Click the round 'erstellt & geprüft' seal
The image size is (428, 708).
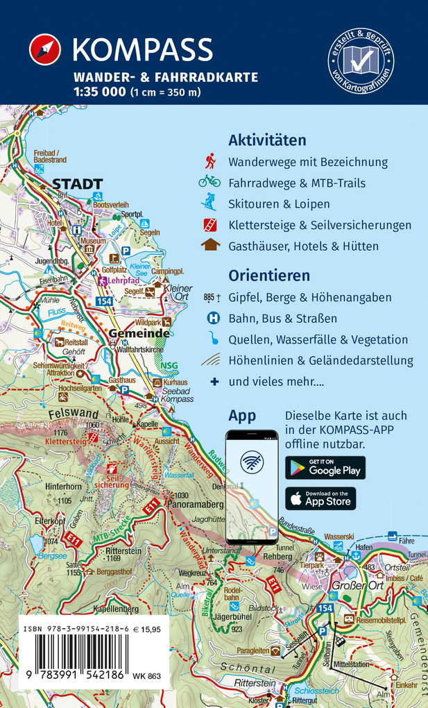361,62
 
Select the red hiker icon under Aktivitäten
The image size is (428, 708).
209,162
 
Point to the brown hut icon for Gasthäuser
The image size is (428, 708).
209,245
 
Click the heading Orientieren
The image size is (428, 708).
269,276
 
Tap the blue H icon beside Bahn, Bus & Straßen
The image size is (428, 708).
213,319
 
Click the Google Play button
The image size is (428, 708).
325,468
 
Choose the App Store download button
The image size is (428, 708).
320,498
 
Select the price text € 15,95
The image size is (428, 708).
146,630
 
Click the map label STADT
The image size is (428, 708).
78,184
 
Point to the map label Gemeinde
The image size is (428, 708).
139,334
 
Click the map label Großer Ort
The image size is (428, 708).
353,584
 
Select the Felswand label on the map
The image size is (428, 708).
69,414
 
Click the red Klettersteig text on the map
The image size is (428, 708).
65,440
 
